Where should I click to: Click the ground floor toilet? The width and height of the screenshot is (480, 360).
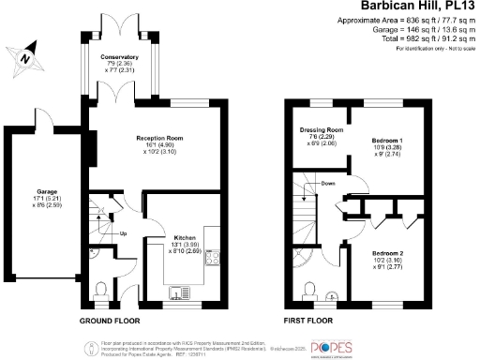tap(102, 288)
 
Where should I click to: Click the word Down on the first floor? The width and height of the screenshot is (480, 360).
tap(327, 184)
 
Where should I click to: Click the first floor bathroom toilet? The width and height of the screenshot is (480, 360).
tap(308, 288)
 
